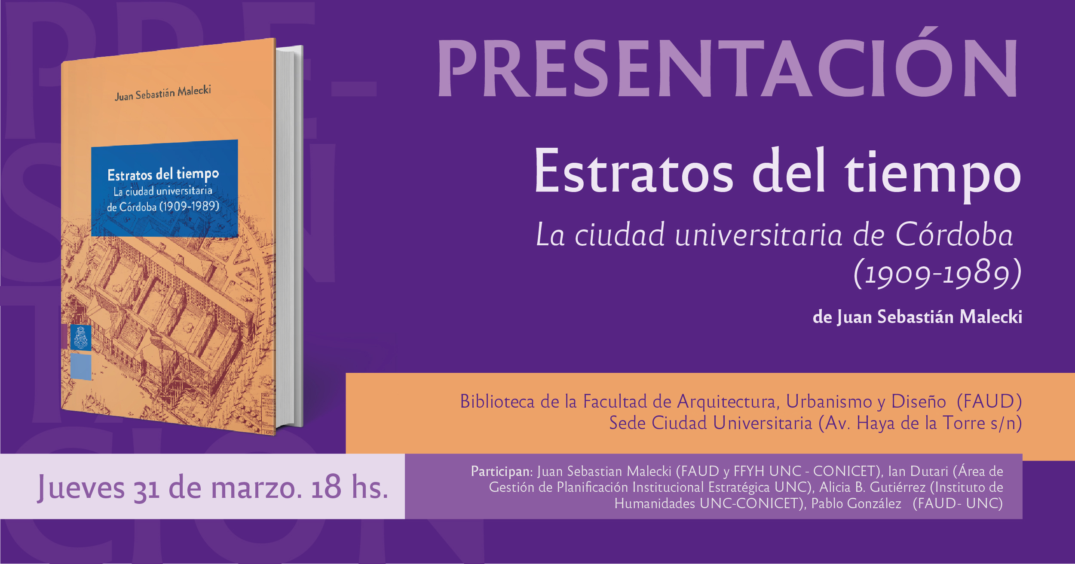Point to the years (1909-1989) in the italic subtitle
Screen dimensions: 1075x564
pyautogui.click(x=937, y=273)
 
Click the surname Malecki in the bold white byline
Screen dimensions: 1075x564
pyautogui.click(x=990, y=317)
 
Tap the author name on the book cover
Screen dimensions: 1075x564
pyautogui.click(x=163, y=93)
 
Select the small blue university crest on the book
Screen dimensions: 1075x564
pyautogui.click(x=80, y=338)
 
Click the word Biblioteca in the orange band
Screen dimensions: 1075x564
pyautogui.click(x=497, y=402)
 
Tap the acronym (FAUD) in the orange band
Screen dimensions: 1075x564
pyautogui.click(x=989, y=402)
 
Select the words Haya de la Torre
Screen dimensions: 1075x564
pyautogui.click(x=921, y=424)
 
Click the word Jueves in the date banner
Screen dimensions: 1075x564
pyautogui.click(x=81, y=488)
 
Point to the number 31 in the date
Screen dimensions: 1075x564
pyautogui.click(x=147, y=490)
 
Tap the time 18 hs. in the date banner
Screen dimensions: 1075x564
pyautogui.click(x=350, y=487)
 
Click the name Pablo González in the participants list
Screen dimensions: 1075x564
pyautogui.click(x=856, y=503)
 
